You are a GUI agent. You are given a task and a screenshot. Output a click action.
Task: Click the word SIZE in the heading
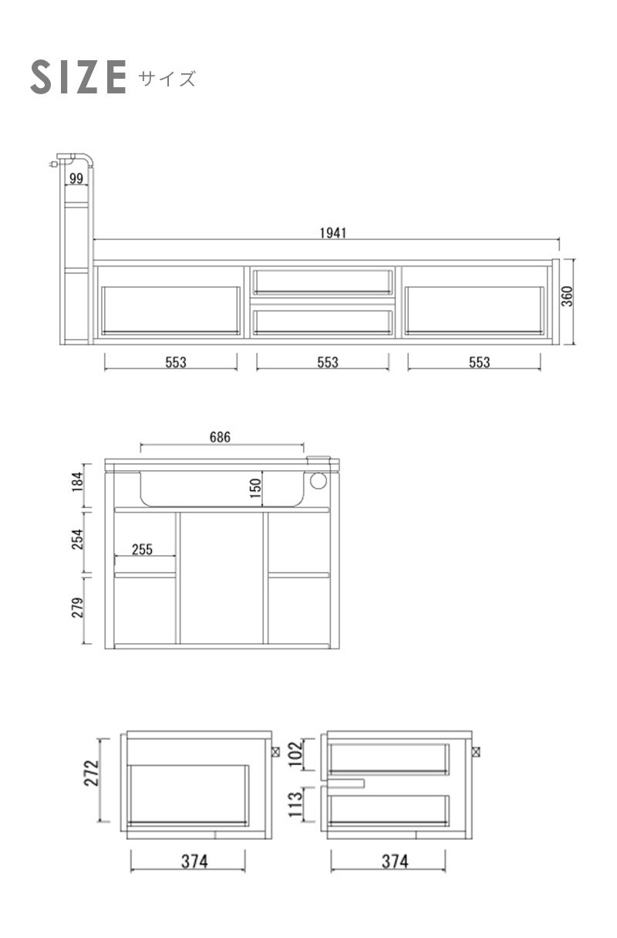point(78,77)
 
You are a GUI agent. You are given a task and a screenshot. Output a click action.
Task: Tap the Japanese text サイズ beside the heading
point(167,79)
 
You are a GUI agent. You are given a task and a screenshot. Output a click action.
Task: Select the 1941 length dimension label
point(333,233)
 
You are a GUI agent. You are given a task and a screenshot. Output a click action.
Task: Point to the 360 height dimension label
point(567,296)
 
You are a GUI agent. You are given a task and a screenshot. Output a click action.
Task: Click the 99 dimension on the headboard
point(76,179)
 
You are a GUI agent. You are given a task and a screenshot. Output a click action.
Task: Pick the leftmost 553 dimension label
point(176,362)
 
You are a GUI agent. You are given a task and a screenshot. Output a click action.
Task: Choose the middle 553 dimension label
point(328,362)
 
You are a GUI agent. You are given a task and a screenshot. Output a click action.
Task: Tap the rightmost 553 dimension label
point(480,362)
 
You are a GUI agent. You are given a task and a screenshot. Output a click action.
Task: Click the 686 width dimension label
point(220,437)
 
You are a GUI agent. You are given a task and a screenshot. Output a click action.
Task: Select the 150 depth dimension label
point(255,488)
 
